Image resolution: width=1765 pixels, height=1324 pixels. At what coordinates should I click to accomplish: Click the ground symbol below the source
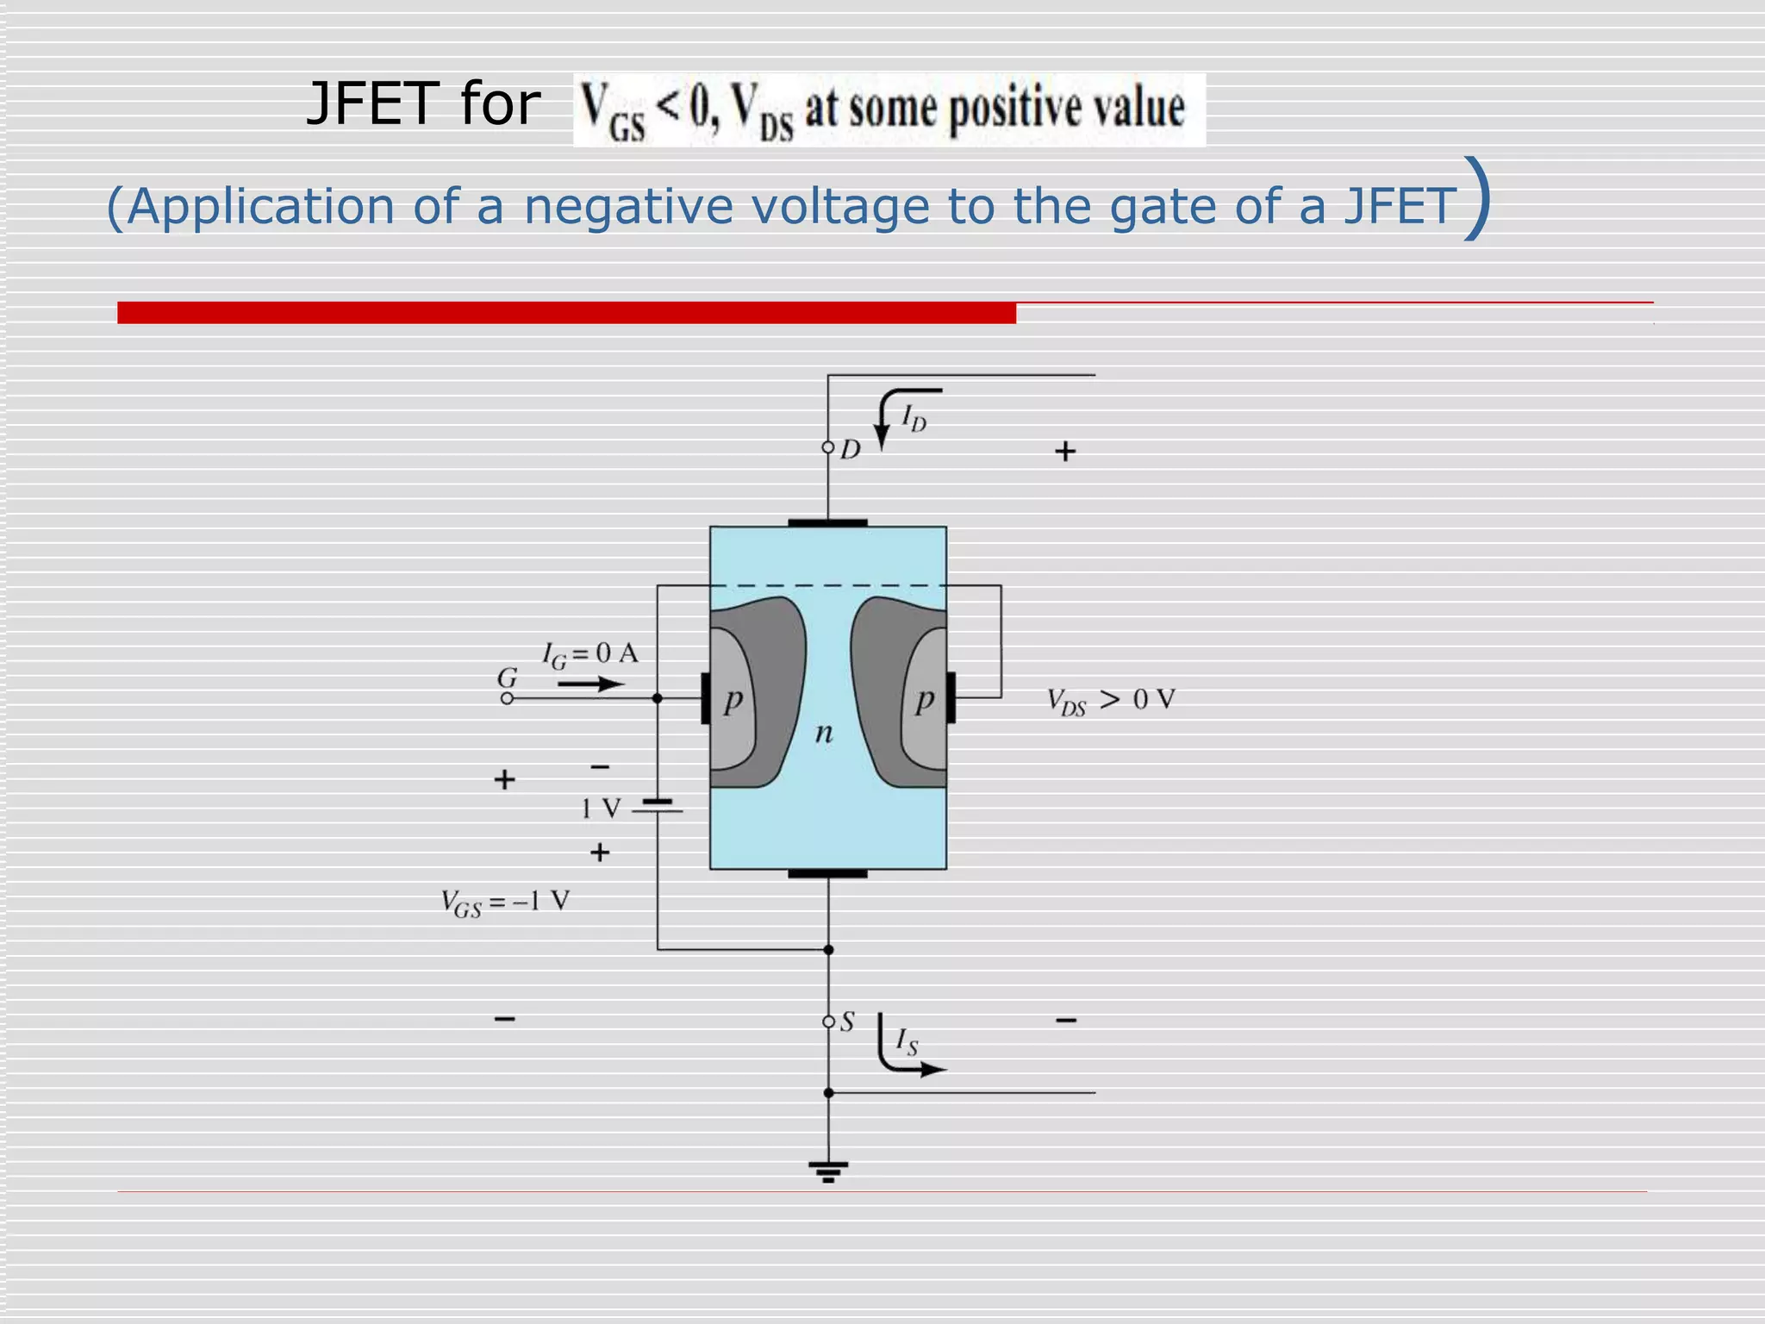pos(828,1171)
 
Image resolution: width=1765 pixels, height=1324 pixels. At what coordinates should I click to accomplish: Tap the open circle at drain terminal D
pos(828,447)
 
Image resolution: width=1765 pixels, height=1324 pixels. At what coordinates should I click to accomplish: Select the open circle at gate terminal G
pos(507,698)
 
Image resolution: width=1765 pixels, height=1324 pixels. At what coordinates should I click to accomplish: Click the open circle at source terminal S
pos(828,1022)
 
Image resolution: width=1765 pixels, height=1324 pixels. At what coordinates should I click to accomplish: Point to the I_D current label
pos(914,419)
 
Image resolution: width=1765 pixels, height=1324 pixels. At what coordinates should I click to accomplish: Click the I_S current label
pos(907,1041)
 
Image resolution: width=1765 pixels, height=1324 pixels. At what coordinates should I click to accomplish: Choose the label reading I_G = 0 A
pos(590,654)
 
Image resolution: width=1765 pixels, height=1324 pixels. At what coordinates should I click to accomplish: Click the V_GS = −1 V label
pos(505,902)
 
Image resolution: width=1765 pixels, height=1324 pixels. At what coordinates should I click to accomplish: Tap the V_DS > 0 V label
pos(1111,700)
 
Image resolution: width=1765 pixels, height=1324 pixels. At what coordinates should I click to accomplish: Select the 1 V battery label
pos(600,809)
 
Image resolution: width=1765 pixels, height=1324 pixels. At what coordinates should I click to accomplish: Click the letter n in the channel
pos(824,733)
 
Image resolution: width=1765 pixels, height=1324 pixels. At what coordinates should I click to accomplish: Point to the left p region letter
pos(733,700)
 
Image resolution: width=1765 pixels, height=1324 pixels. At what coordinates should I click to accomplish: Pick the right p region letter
pos(925,700)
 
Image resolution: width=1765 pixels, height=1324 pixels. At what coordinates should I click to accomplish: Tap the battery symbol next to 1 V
pos(658,806)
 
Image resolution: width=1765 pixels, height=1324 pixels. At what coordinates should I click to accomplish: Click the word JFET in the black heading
pos(373,104)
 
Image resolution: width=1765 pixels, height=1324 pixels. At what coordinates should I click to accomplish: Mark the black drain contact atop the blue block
pos(827,522)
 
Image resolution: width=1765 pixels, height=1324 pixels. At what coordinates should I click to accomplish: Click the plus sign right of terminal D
pos(1065,451)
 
